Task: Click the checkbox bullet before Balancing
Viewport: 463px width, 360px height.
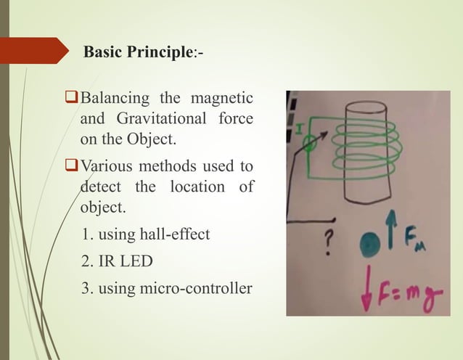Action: [x=71, y=97]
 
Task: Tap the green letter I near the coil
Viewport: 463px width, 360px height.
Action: [x=296, y=128]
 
